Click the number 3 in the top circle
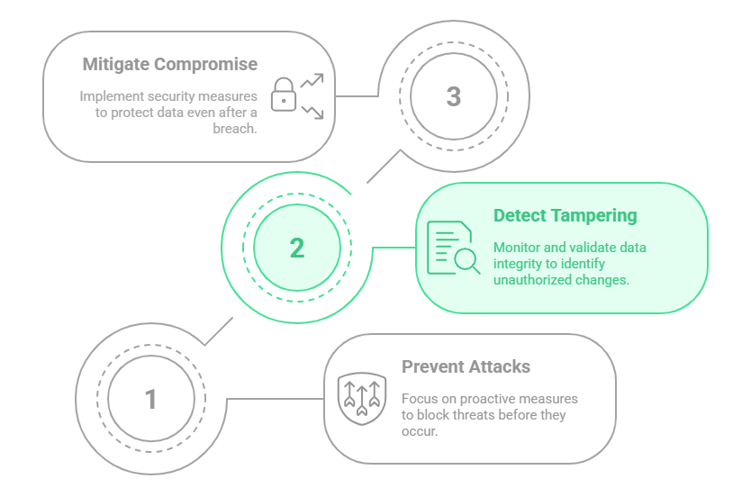coord(454,96)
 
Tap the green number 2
coord(297,248)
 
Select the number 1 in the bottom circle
coord(151,399)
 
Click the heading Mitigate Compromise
coord(169,65)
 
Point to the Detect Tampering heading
coord(565,216)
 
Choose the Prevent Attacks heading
coord(466,366)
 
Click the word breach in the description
coord(234,128)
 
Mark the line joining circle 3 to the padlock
coord(356,95)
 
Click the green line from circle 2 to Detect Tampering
coord(393,248)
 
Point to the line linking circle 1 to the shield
coord(274,399)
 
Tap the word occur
coord(419,431)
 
